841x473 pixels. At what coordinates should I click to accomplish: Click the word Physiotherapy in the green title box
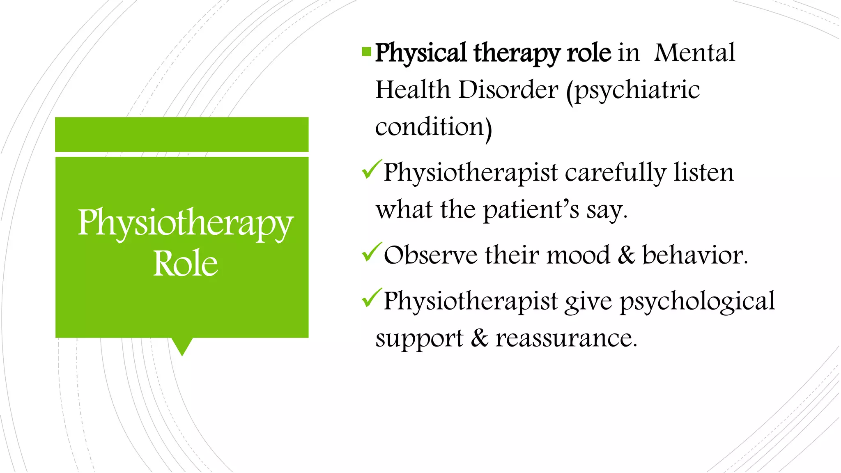point(186,223)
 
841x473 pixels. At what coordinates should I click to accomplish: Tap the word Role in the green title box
point(186,263)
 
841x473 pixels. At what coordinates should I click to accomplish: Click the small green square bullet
point(366,52)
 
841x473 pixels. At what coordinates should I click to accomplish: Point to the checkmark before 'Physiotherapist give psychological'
point(372,298)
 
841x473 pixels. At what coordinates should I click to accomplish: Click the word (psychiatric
point(633,90)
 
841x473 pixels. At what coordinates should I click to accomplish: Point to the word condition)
point(433,127)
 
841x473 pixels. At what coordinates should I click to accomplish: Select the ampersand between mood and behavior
point(626,255)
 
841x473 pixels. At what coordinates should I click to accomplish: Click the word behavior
point(694,255)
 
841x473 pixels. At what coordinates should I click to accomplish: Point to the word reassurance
point(566,339)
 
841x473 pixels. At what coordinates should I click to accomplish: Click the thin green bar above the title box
point(182,134)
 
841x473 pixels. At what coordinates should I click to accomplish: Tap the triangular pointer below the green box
point(182,346)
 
